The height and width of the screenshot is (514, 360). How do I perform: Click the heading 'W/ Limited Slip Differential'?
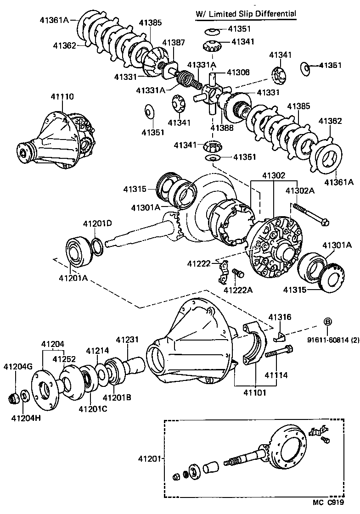[x=246, y=14]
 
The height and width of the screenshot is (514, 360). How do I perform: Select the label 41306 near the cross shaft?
[x=238, y=72]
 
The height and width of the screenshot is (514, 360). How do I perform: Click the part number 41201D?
[x=97, y=223]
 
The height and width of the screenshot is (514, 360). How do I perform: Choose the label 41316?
[x=280, y=317]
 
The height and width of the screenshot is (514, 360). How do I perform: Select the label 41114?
[x=276, y=375]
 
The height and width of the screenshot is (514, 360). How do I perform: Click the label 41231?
[x=127, y=340]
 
